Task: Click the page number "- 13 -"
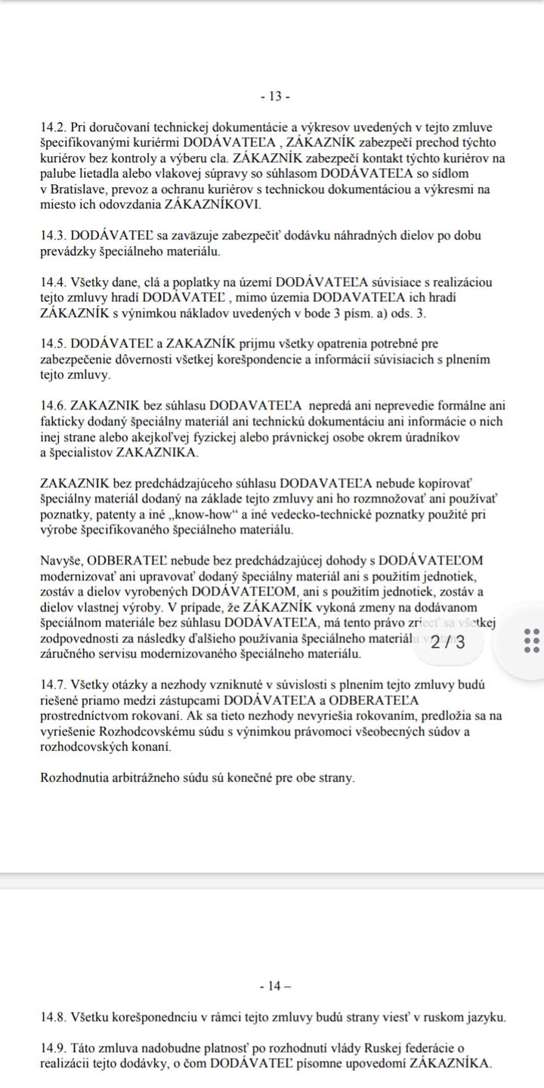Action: tap(274, 96)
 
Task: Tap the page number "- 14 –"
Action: tap(274, 985)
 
